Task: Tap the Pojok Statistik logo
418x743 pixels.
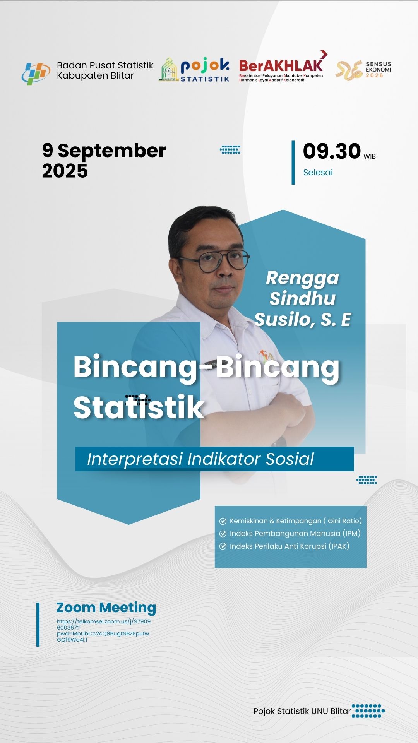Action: (x=194, y=70)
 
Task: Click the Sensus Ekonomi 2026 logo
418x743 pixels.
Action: (x=363, y=70)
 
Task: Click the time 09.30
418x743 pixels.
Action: (x=332, y=151)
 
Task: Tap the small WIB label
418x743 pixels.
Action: (x=370, y=156)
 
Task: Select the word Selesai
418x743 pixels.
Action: (x=318, y=173)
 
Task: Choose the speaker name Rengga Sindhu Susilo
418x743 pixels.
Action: (x=303, y=299)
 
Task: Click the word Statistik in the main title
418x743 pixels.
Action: (x=139, y=407)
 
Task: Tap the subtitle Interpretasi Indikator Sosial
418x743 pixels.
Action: (x=200, y=459)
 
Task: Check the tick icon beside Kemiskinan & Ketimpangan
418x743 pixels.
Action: (x=223, y=521)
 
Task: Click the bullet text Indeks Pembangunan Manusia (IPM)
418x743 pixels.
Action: (x=295, y=534)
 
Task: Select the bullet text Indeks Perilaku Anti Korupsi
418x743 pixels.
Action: (x=290, y=546)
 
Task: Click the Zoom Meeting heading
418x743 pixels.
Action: (x=106, y=608)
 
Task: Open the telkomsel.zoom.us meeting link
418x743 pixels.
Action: (x=104, y=630)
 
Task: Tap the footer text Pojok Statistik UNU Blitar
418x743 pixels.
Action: (x=302, y=711)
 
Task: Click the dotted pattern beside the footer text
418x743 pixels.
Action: (x=368, y=711)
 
